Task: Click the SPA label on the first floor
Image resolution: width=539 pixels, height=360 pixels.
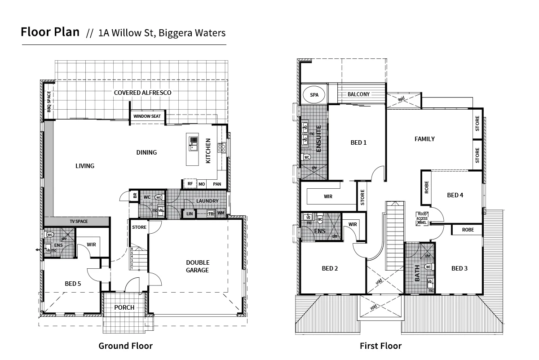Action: pyautogui.click(x=314, y=95)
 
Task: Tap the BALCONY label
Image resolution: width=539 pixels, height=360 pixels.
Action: pyautogui.click(x=358, y=94)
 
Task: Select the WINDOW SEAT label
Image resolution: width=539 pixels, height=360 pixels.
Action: pyautogui.click(x=147, y=116)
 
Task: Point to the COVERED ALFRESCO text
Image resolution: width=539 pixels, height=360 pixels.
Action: pyautogui.click(x=142, y=93)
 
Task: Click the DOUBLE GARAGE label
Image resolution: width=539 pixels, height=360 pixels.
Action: pyautogui.click(x=198, y=267)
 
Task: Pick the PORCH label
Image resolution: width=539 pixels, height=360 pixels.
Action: pyautogui.click(x=124, y=307)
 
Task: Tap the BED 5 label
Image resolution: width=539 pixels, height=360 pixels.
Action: pyautogui.click(x=73, y=284)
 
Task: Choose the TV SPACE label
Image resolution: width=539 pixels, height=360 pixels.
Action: pyautogui.click(x=78, y=222)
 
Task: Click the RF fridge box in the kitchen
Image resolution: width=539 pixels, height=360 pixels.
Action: pyautogui.click(x=190, y=184)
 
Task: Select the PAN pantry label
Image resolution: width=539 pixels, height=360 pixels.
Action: pyautogui.click(x=217, y=184)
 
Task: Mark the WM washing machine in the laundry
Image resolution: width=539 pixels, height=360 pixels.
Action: pyautogui.click(x=221, y=213)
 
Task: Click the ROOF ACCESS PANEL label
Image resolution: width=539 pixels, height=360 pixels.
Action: pyautogui.click(x=422, y=218)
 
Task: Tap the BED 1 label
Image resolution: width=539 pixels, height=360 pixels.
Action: pyautogui.click(x=358, y=143)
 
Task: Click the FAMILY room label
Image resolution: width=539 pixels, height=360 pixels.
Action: pyautogui.click(x=424, y=139)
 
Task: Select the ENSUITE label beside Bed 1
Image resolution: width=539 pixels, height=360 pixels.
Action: pyautogui.click(x=318, y=139)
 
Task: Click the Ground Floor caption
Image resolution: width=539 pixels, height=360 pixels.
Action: pyautogui.click(x=125, y=346)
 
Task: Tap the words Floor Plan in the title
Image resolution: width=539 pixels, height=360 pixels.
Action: pyautogui.click(x=50, y=32)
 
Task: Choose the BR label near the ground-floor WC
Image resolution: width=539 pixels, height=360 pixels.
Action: pyautogui.click(x=134, y=196)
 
